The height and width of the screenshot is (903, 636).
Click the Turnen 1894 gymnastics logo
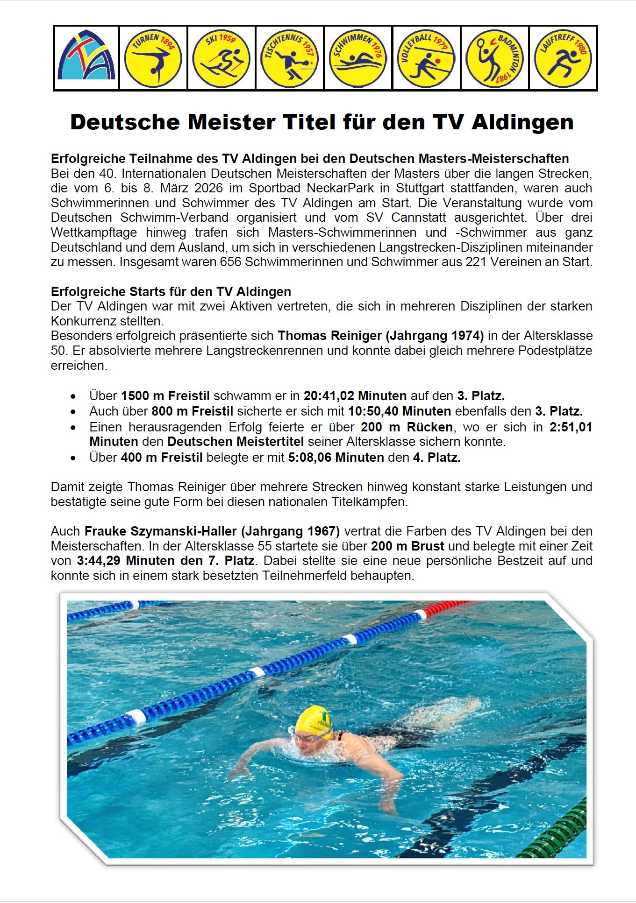click(x=153, y=58)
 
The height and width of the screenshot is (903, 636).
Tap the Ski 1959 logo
click(x=221, y=58)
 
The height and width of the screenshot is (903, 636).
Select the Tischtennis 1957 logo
click(x=289, y=58)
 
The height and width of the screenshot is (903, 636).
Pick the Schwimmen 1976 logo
click(x=358, y=58)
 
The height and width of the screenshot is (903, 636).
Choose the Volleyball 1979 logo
click(x=426, y=58)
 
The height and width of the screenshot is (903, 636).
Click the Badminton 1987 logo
click(x=494, y=58)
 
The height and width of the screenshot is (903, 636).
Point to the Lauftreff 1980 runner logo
click(x=563, y=58)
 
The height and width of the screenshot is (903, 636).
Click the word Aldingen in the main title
click(x=522, y=122)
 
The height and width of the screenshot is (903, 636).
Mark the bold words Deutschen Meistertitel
click(x=236, y=442)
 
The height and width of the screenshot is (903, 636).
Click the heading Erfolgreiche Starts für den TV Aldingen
click(x=171, y=292)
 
